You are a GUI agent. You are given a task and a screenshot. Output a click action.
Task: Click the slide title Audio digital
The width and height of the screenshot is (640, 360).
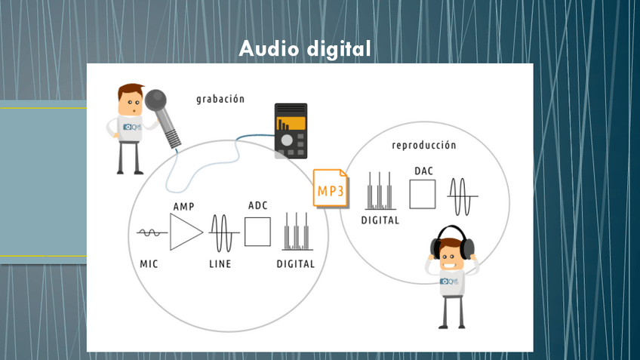tap(305, 49)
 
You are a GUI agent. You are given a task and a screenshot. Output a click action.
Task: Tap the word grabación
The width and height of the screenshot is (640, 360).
tap(220, 99)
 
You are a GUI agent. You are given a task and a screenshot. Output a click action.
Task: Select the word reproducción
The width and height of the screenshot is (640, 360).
tap(424, 145)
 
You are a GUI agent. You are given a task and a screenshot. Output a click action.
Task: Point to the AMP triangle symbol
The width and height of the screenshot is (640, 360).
tap(185, 232)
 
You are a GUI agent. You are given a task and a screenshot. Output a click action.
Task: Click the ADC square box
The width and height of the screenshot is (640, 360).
tap(257, 231)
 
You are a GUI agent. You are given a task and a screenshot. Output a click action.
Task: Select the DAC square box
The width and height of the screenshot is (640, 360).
tap(423, 195)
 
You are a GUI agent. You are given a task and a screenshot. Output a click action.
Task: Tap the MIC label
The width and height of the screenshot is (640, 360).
tap(149, 263)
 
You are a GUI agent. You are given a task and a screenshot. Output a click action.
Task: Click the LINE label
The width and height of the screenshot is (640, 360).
tap(220, 263)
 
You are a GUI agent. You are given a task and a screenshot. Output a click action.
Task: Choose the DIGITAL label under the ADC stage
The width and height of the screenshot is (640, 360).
tap(295, 263)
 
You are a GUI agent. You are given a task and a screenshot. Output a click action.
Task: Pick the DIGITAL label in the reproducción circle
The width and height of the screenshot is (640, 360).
tap(380, 220)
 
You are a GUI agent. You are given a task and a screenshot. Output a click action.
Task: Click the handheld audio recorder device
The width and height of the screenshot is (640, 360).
tap(290, 129)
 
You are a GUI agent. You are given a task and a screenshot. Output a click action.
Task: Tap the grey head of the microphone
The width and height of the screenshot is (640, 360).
tap(157, 100)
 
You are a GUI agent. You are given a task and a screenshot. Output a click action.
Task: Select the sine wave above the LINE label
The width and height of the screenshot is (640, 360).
tap(220, 232)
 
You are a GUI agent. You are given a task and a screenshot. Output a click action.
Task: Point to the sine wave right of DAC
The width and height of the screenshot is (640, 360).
tap(462, 196)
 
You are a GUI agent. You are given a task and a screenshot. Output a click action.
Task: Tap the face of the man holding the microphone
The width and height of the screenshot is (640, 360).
tap(132, 102)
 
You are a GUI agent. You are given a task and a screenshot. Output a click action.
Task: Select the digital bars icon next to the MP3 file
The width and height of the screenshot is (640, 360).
tap(380, 192)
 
